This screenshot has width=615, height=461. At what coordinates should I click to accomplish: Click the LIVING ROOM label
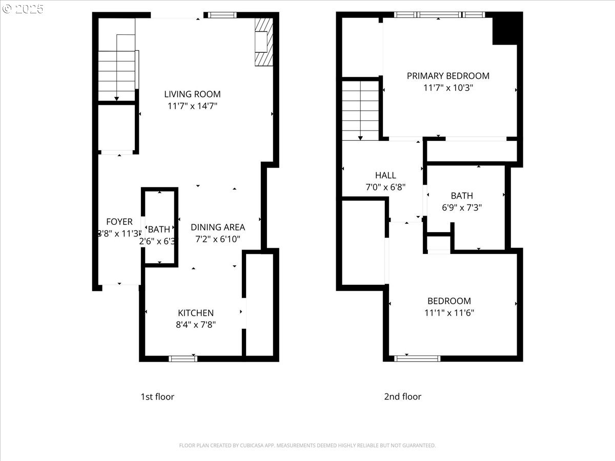click(192, 94)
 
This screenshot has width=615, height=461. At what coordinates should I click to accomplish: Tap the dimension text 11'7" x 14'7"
click(192, 107)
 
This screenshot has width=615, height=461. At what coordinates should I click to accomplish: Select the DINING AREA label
click(218, 227)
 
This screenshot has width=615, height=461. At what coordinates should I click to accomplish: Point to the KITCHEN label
click(196, 313)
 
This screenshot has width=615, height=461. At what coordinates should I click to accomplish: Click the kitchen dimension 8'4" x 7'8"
click(196, 324)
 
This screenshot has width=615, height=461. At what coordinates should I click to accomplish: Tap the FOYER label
click(119, 222)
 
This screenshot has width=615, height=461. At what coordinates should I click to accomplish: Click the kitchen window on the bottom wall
click(183, 359)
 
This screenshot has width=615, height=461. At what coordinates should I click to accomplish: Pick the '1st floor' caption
click(157, 397)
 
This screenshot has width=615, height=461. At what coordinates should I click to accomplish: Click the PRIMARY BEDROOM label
click(448, 76)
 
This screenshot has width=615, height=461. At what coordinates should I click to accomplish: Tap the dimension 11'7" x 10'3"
click(448, 88)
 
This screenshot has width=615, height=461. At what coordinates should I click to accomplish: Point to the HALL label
click(385, 175)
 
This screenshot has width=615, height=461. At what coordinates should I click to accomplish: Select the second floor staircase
click(361, 110)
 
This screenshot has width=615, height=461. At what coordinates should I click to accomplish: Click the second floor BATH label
click(462, 196)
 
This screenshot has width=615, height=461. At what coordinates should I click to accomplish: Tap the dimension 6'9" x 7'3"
click(462, 207)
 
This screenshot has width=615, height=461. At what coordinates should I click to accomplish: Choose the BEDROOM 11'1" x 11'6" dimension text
click(449, 313)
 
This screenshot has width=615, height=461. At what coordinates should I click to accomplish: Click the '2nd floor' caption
click(403, 397)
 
